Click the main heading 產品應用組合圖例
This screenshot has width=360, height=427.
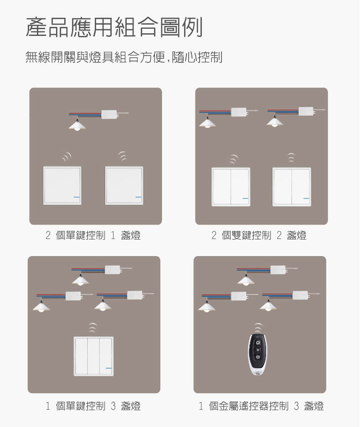(x=114, y=27)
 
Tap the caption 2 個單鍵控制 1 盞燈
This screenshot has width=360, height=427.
(x=93, y=235)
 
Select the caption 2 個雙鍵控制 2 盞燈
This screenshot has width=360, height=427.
(x=259, y=235)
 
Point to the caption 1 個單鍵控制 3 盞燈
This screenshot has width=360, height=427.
(x=93, y=406)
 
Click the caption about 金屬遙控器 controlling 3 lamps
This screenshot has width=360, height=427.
(x=261, y=406)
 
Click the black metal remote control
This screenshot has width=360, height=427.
(x=258, y=355)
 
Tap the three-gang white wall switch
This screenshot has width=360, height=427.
(x=93, y=356)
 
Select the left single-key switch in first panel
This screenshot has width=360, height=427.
(x=62, y=185)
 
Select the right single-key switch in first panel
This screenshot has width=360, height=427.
(x=124, y=185)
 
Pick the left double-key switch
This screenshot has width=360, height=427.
(x=231, y=187)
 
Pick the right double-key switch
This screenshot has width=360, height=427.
(x=292, y=187)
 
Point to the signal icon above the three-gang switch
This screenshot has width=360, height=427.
(x=93, y=327)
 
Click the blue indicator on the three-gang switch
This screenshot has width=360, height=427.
(x=108, y=368)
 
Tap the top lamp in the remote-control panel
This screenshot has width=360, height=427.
(x=247, y=281)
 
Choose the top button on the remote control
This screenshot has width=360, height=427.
(x=258, y=342)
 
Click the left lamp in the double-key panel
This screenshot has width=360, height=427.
(x=208, y=123)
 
